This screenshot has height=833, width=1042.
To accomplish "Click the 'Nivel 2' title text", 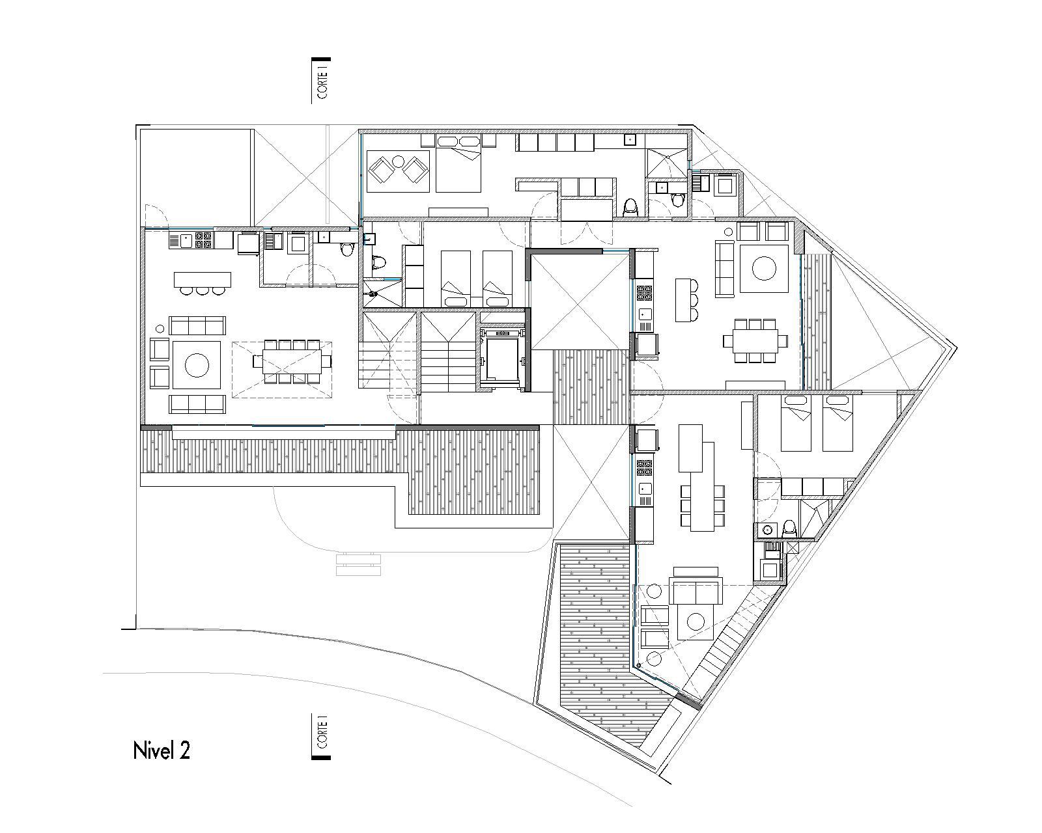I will tap(162, 750).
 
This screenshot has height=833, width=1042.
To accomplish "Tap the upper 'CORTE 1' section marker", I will tap(321, 81).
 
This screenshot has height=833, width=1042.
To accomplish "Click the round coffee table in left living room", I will tap(196, 364).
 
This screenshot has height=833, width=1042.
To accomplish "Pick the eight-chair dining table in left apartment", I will tap(292, 361).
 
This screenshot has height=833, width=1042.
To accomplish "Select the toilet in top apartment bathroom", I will tap(630, 207).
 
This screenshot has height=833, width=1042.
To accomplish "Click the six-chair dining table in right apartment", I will tap(755, 340).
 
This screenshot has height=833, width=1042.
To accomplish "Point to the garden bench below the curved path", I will tap(357, 564).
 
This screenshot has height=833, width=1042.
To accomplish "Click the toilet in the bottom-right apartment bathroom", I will tap(789, 528).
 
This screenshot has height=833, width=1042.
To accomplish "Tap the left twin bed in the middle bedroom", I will tap(456, 278).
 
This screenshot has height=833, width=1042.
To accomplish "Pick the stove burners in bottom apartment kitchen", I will tap(645, 467).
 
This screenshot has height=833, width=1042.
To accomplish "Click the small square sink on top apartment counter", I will tap(630, 139).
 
